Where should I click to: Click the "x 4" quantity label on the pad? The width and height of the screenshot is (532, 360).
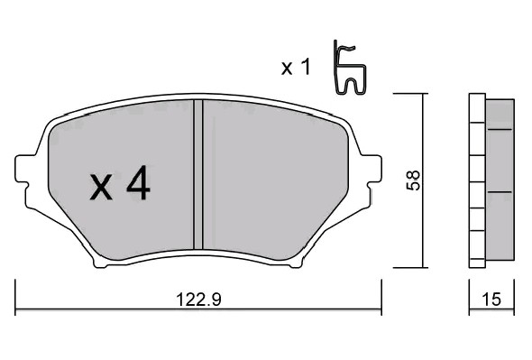point(120,185)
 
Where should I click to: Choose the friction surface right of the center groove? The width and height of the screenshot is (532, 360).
point(271,180)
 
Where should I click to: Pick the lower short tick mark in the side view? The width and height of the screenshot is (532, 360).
point(500,192)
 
